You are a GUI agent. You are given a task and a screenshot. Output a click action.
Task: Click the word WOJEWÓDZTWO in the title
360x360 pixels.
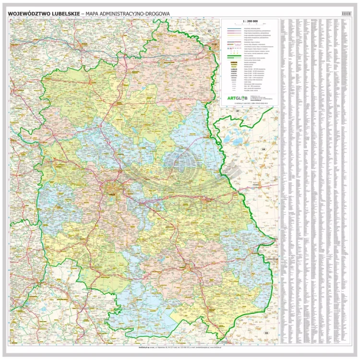click(28, 14)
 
